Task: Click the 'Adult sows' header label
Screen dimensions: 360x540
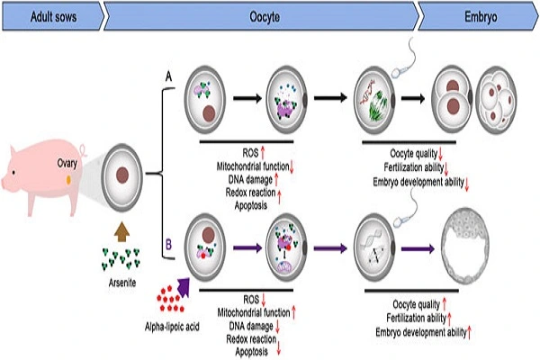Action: (x=36, y=16)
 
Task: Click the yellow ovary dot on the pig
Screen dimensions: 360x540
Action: (x=68, y=181)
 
